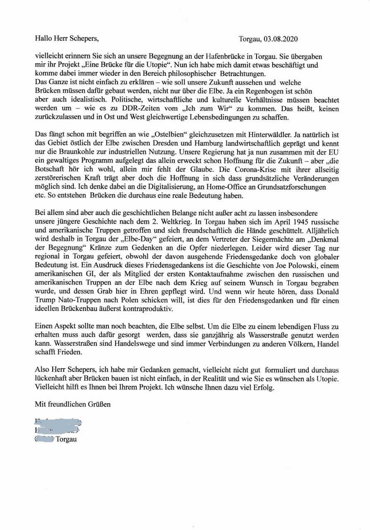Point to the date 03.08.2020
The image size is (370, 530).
(x=280, y=39)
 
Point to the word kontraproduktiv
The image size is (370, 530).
(x=141, y=308)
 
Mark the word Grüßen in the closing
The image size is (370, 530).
(x=98, y=404)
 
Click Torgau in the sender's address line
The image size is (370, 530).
(x=66, y=439)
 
